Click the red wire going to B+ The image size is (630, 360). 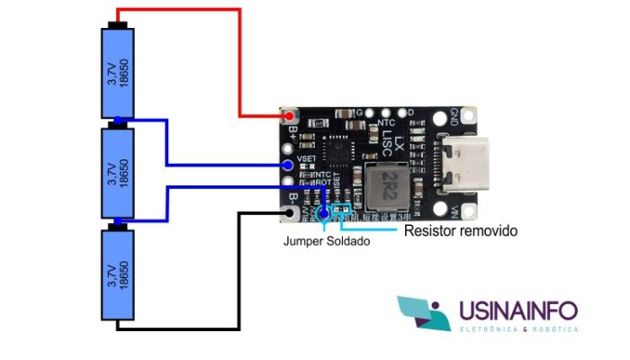pyautogui.click(x=240, y=54)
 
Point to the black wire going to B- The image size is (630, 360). pyautogui.click(x=238, y=270)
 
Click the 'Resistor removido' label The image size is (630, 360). pyautogui.click(x=461, y=231)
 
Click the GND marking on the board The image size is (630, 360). pyautogui.click(x=454, y=117)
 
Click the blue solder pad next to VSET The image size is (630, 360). pyautogui.click(x=287, y=165)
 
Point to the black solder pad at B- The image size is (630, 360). pyautogui.click(x=289, y=213)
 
